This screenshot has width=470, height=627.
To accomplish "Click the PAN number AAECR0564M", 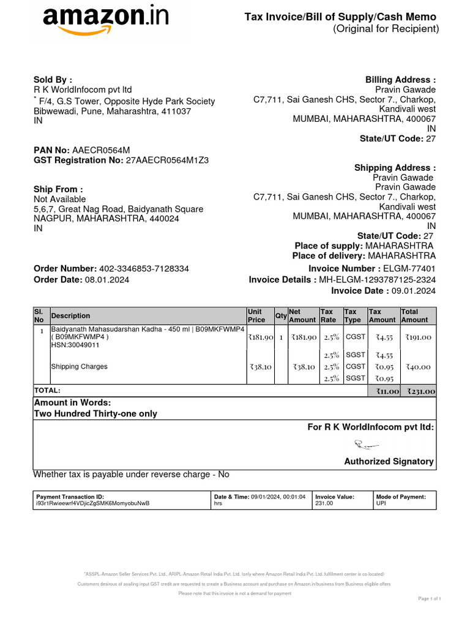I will [101, 151].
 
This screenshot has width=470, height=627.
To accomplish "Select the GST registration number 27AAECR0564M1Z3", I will [167, 160].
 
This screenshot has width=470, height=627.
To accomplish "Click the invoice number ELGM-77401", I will [409, 269].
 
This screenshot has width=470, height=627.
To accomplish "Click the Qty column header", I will [281, 316].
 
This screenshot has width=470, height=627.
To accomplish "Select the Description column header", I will [70, 316].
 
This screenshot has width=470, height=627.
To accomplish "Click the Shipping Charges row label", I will [80, 367].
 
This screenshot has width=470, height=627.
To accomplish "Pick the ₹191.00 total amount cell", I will [418, 337].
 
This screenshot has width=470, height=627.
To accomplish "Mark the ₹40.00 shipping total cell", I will [418, 367].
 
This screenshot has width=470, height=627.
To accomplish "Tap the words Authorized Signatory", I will [389, 462].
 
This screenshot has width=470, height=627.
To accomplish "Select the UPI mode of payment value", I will [380, 503].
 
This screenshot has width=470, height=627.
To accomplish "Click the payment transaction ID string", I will [92, 503].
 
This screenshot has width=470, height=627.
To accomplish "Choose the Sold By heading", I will [53, 80].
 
